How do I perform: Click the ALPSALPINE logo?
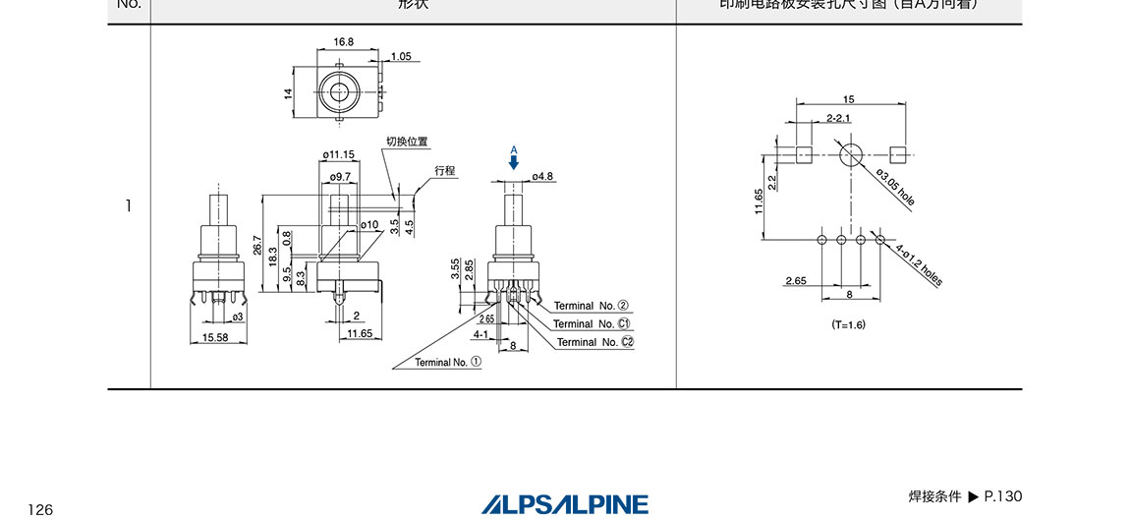tap(565, 504)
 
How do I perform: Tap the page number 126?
tap(40, 509)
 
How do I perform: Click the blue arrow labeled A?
tap(513, 160)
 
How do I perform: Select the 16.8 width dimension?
tap(343, 42)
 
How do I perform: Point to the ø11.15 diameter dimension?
tap(338, 154)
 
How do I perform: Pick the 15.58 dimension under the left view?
tap(215, 337)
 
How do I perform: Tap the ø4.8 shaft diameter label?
tap(542, 177)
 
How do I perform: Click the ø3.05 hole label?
tap(893, 187)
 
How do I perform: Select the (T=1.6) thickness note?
tap(849, 324)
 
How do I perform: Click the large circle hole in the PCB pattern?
tap(850, 154)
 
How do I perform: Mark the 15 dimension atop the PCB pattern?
tap(849, 99)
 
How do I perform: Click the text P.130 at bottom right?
tap(1003, 496)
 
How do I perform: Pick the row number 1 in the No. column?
tap(128, 206)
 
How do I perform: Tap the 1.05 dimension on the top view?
tap(401, 56)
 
